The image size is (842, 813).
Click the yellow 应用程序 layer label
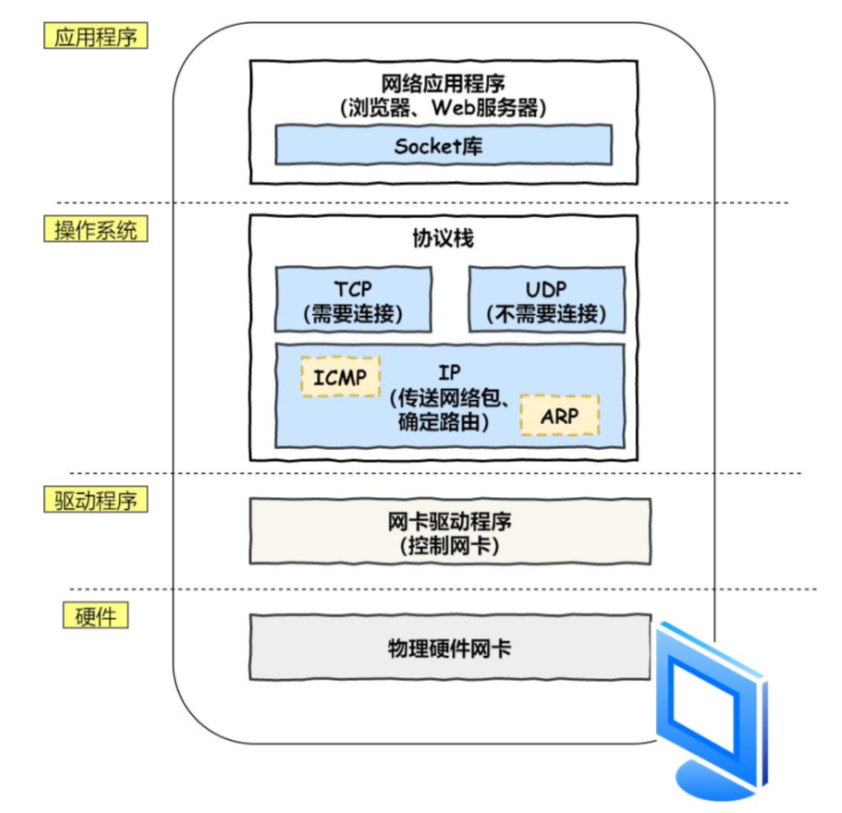[x=95, y=37]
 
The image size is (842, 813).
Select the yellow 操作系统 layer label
[x=95, y=230]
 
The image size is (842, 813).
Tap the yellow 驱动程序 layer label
[x=95, y=501]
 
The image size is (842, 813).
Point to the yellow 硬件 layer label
[x=95, y=616]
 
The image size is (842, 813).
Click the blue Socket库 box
[x=443, y=146]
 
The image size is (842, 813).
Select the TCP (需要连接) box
[x=353, y=299]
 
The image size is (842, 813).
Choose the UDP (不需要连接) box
[x=546, y=299]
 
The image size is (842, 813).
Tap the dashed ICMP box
[x=339, y=377]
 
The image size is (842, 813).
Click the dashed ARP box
[x=559, y=416]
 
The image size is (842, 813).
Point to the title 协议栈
[x=443, y=237]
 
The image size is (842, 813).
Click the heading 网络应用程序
[x=443, y=83]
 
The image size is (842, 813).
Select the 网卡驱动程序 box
[x=449, y=531]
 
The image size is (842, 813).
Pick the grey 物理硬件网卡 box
[x=449, y=648]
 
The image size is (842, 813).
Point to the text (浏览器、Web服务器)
[x=443, y=107]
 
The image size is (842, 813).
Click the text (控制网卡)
[x=449, y=545]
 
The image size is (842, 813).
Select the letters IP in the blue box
[x=450, y=373]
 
